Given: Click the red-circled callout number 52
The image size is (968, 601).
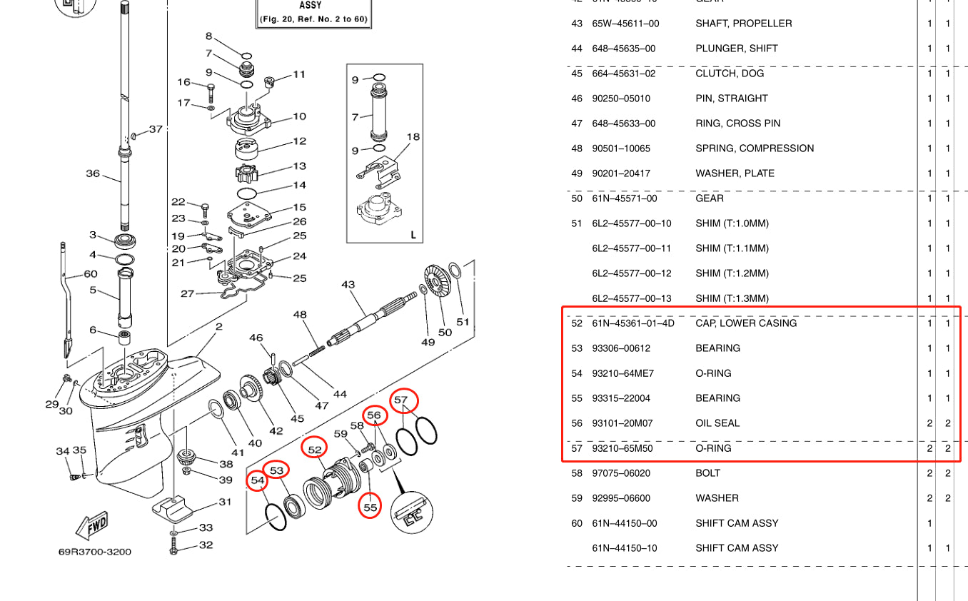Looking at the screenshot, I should click(x=315, y=449).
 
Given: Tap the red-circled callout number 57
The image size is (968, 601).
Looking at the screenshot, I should click(x=402, y=400).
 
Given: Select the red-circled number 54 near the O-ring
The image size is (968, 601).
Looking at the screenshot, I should click(x=258, y=481).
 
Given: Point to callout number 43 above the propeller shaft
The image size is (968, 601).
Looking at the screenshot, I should click(x=348, y=285).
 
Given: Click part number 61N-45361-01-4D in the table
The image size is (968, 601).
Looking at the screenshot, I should click(x=632, y=323).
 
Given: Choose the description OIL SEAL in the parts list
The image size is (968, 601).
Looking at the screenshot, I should click(x=717, y=423).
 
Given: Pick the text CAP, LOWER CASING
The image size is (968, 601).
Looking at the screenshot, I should click(x=746, y=323).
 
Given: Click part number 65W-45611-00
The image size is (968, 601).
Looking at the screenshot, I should click(x=625, y=24).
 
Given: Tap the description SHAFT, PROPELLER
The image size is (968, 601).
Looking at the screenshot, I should click(x=743, y=24).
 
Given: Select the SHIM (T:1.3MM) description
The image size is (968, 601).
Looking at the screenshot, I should click(x=732, y=298).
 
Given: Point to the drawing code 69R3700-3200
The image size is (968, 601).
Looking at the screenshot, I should click(x=95, y=552).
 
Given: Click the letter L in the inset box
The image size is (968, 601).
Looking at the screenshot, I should click(x=413, y=235).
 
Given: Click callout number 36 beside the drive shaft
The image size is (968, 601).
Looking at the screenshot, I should click(x=93, y=173).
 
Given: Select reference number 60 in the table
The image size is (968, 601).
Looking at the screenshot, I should click(x=577, y=523).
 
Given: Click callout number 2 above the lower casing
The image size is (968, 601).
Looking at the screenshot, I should click(x=218, y=327).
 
